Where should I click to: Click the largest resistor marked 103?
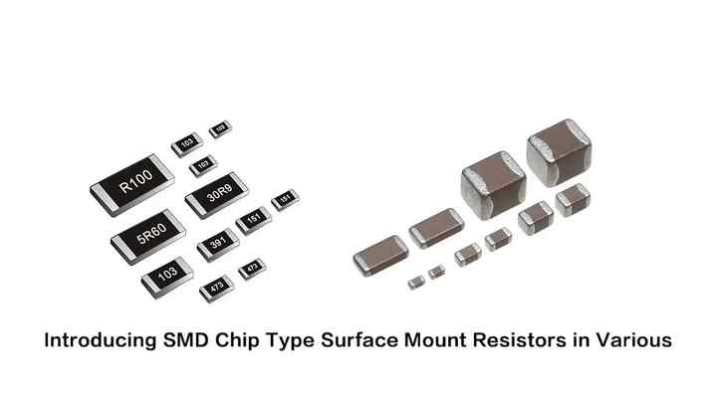click(166, 273)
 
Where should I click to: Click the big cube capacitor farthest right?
click(560, 154)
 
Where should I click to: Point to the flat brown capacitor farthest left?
click(379, 254)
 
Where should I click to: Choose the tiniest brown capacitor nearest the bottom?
click(416, 282)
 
